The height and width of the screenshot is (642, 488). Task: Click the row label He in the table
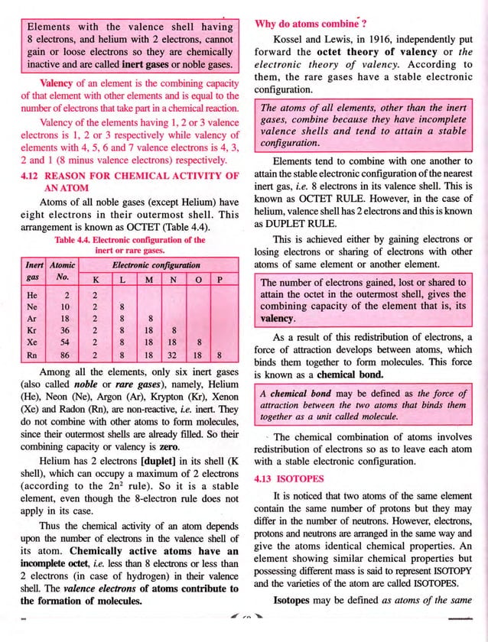[x=32, y=293]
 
